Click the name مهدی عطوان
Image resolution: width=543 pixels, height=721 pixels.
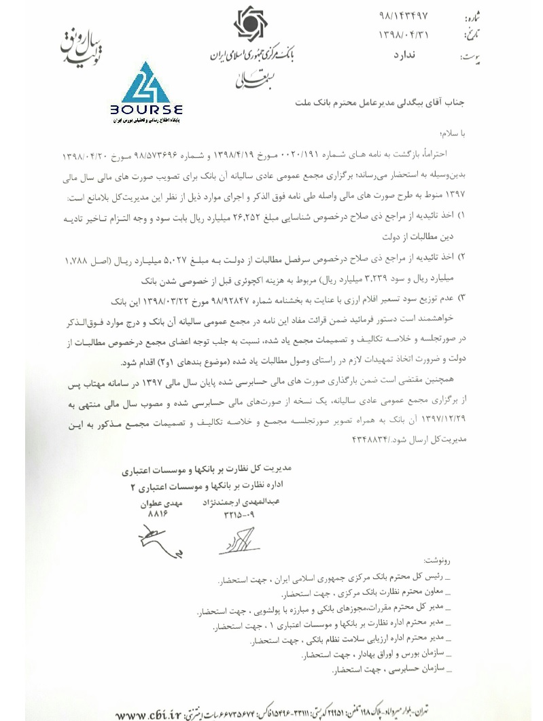point(161,506)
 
